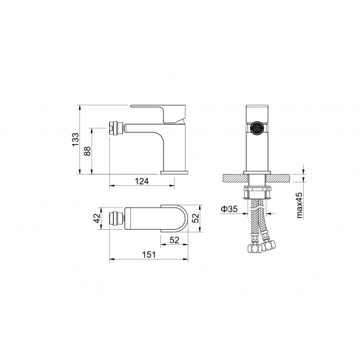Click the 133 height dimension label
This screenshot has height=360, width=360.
pyautogui.click(x=75, y=139)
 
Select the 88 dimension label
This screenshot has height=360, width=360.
pyautogui.click(x=88, y=151)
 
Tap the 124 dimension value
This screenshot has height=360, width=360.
pyautogui.click(x=142, y=181)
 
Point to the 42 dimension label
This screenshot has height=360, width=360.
pyautogui.click(x=98, y=218)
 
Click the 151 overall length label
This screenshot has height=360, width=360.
pyautogui.click(x=149, y=255)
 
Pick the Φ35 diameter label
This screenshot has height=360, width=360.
pyautogui.click(x=229, y=209)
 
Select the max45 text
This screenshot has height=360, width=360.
pyautogui.click(x=300, y=206)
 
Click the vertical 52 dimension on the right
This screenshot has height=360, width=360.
pyautogui.click(x=196, y=218)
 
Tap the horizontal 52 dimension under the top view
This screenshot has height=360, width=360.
pyautogui.click(x=174, y=240)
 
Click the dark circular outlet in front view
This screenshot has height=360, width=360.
pyautogui.click(x=257, y=128)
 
